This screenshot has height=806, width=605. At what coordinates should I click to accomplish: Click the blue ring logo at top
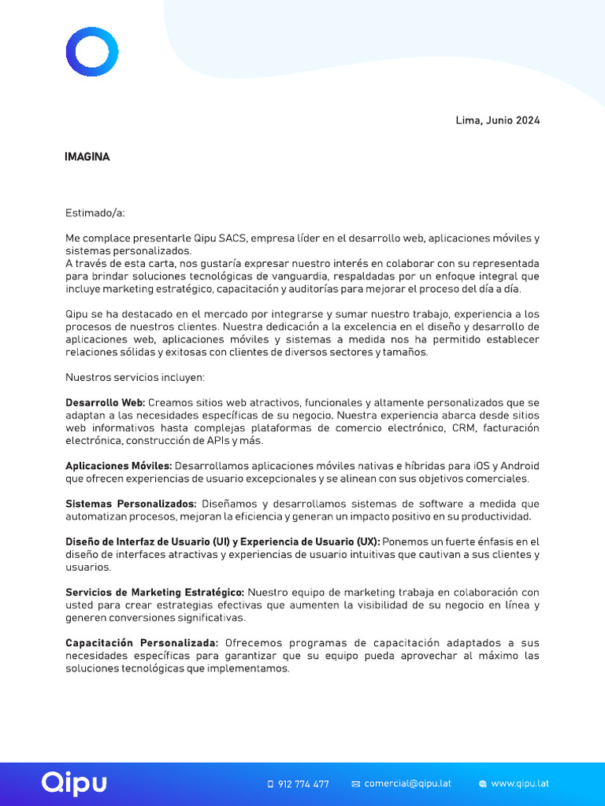coord(92,52)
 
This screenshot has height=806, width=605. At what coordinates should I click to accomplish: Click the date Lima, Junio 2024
coord(497,120)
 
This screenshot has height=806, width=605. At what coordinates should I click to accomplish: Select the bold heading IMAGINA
coord(87,157)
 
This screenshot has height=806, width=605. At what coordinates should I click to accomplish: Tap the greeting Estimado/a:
coord(95,213)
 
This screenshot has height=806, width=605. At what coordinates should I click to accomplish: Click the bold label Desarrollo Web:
coord(105,403)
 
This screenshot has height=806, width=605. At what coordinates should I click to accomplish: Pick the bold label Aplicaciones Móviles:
coord(118,466)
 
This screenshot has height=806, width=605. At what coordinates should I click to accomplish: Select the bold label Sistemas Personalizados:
coord(131,504)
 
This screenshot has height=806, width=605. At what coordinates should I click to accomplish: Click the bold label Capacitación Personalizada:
coord(142,643)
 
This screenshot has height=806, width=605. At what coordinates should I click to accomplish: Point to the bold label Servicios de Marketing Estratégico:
coord(154,592)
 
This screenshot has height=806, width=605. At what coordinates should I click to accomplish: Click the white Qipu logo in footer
coord(74,782)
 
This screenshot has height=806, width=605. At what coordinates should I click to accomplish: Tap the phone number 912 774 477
coord(303,784)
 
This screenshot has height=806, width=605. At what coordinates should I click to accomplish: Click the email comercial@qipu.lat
coord(407,784)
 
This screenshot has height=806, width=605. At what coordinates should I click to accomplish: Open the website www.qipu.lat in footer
coord(519,784)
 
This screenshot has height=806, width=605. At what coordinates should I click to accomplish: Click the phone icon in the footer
coord(270,784)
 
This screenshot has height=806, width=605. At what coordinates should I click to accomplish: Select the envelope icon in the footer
coord(355,784)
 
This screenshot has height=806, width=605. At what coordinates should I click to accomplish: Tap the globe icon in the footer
coord(483,784)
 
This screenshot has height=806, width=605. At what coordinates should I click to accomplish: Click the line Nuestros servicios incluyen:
coord(135,377)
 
